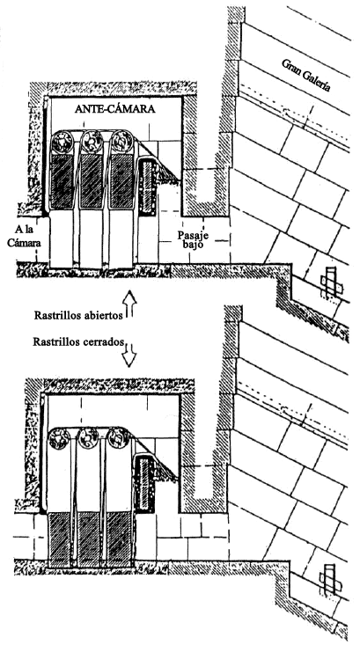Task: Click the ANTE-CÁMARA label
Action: [114, 109]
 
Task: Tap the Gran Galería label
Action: [305, 75]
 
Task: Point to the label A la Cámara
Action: [25, 237]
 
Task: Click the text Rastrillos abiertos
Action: [78, 316]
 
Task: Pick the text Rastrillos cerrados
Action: [78, 342]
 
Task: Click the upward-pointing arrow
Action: [130, 304]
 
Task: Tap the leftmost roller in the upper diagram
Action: [62, 142]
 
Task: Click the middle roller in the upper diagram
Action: [92, 141]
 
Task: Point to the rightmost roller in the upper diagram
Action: [121, 141]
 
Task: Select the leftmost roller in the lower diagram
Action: [60, 438]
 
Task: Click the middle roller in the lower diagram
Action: [88, 438]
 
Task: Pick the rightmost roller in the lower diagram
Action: [118, 437]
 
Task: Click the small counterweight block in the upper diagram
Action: [146, 187]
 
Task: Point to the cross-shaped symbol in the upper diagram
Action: [331, 282]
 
